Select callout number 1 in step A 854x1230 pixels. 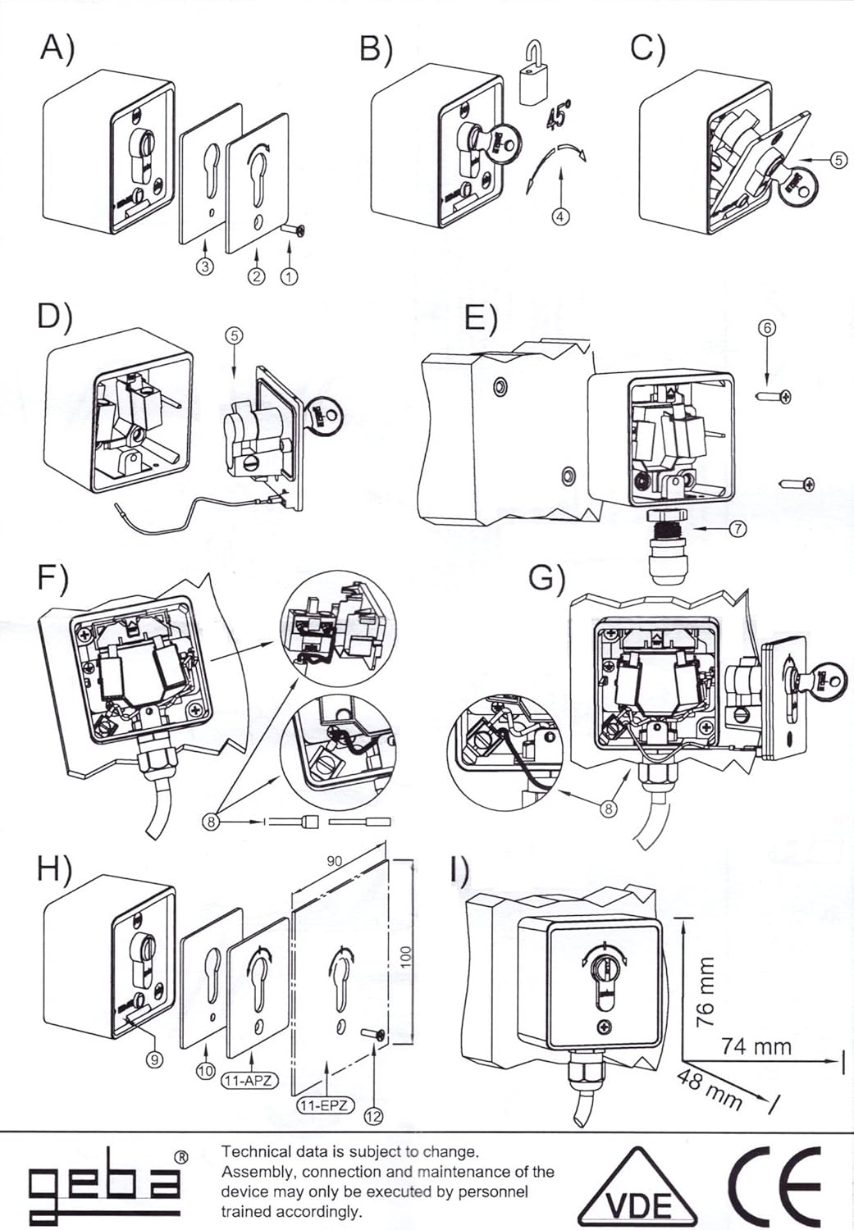289,276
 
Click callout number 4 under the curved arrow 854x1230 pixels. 560,217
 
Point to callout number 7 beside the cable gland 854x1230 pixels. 738,529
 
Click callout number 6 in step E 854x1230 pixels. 767,327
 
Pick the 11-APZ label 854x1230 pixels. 249,1081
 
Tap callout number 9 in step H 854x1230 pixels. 153,1059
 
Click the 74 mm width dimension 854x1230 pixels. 756,1046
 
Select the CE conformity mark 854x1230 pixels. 774,1185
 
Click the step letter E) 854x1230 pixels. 480,317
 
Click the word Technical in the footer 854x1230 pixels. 254,1152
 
